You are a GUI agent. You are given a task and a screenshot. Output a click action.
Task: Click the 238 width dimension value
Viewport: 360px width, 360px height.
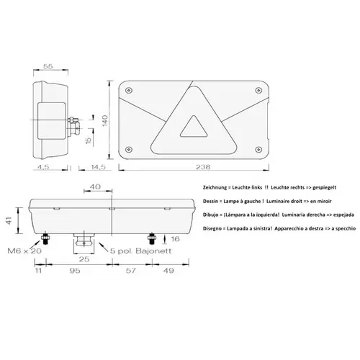pyautogui.click(x=202, y=168)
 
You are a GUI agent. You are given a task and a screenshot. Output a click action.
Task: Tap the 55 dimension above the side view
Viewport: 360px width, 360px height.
pyautogui.click(x=49, y=66)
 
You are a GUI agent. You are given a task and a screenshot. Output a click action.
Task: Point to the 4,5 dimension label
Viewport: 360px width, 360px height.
pyautogui.click(x=42, y=168)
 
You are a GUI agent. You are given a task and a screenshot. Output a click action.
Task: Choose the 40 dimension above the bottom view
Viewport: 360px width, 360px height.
pyautogui.click(x=95, y=187)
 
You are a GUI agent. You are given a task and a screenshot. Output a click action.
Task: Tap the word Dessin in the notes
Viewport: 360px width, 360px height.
pyautogui.click(x=205, y=202)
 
